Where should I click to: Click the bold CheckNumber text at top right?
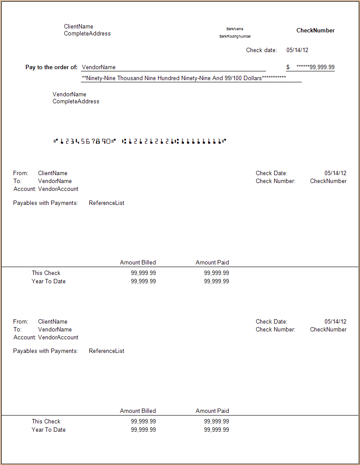point(315,31)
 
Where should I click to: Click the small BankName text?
point(235,29)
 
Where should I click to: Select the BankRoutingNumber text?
point(235,37)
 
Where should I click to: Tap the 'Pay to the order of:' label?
point(51,67)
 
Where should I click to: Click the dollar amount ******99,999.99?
point(315,67)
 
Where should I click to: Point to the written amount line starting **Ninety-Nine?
point(184,78)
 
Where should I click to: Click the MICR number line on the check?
point(139,141)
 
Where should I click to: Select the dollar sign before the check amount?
point(288,67)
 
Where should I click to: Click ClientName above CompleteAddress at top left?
point(78,27)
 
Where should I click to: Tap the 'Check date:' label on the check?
point(261,50)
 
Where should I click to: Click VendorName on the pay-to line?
point(99,67)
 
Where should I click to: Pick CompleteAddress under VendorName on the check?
point(76,102)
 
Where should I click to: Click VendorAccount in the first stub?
point(58,189)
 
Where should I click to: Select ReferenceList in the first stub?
point(106,203)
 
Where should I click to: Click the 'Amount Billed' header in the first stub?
point(138,263)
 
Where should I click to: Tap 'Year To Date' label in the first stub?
point(49,282)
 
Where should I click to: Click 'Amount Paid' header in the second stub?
point(212,411)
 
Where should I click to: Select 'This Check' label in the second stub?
point(46,422)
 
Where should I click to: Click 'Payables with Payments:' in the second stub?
point(46,351)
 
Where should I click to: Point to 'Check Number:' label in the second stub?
point(275,330)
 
